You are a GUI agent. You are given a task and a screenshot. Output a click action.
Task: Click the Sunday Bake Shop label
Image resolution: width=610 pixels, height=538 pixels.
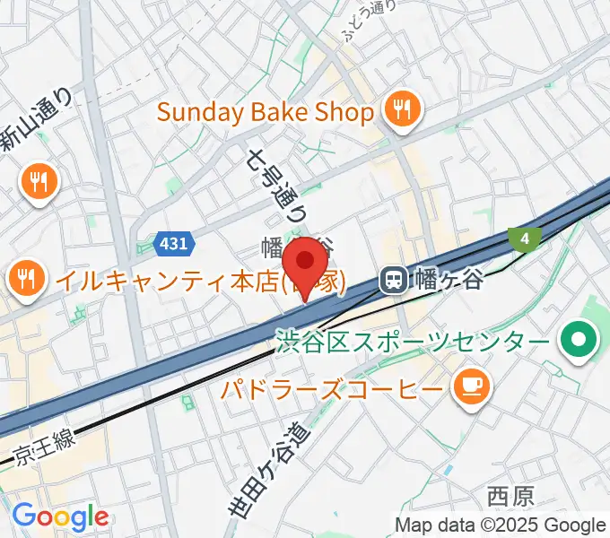[x=265, y=113]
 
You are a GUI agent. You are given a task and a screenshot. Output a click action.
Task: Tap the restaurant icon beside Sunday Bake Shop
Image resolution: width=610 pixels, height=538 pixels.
[x=397, y=111]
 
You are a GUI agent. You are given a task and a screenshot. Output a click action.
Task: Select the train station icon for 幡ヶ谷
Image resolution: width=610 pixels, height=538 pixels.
[x=393, y=281]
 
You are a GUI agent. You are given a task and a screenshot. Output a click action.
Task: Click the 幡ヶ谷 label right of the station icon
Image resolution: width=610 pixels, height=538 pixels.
[x=448, y=281]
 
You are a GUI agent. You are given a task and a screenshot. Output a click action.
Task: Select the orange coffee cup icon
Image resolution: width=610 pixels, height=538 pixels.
[x=470, y=386]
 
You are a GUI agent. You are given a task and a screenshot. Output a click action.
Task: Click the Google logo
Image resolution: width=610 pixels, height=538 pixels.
[x=60, y=516]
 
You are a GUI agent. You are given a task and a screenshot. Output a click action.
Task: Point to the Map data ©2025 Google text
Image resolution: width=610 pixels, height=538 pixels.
[x=501, y=525]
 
